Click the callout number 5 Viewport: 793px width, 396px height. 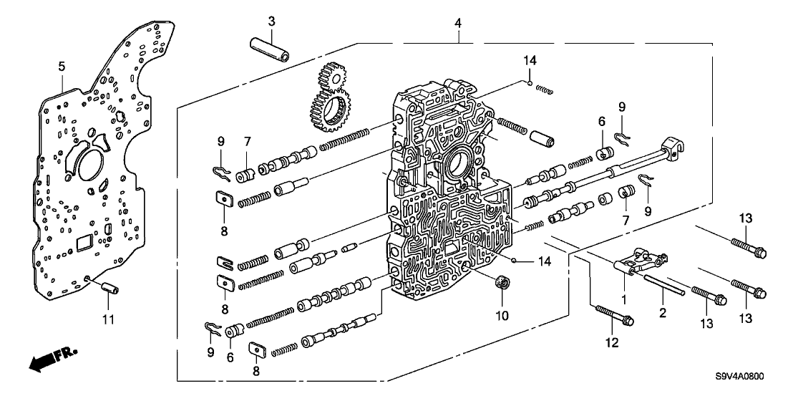(x=62, y=67)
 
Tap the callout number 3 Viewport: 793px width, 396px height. (x=271, y=22)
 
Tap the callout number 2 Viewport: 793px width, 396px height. (x=663, y=313)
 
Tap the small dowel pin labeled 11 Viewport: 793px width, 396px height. (x=110, y=288)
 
